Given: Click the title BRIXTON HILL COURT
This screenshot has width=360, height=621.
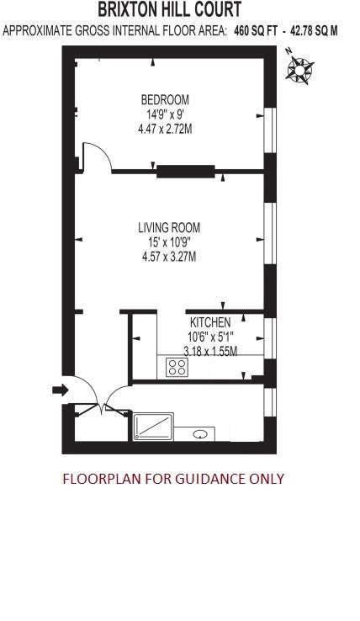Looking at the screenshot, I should (x=169, y=10).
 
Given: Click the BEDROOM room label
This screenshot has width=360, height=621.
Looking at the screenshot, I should (x=165, y=99).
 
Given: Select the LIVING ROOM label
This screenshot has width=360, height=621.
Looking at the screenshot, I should (x=169, y=227).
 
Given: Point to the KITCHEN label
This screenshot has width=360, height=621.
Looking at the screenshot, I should (x=210, y=323).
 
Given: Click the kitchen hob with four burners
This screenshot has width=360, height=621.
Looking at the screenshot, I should (x=177, y=366).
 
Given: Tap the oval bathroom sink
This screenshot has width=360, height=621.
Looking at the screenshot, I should (x=201, y=434).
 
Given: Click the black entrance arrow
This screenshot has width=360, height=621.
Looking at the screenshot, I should (x=60, y=389).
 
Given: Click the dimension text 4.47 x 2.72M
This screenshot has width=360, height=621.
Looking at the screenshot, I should (x=165, y=130).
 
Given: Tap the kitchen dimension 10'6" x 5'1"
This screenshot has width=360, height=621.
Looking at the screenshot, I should (x=209, y=337).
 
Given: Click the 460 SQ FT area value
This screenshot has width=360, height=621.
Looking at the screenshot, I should (x=256, y=31).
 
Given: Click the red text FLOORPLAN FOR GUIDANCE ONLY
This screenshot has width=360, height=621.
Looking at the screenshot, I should (x=173, y=479).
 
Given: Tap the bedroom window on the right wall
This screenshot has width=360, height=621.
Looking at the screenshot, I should (x=271, y=130).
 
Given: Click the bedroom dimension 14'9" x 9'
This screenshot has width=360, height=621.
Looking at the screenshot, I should (x=165, y=114).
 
